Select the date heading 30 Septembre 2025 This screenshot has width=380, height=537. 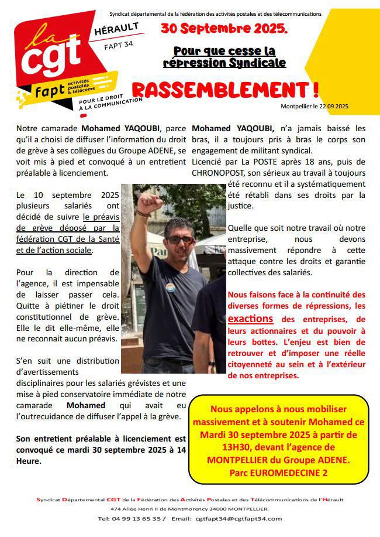click(x=224, y=28)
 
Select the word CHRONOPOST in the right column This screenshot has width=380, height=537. click(x=219, y=173)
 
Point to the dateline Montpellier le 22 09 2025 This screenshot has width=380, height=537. click(x=315, y=106)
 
